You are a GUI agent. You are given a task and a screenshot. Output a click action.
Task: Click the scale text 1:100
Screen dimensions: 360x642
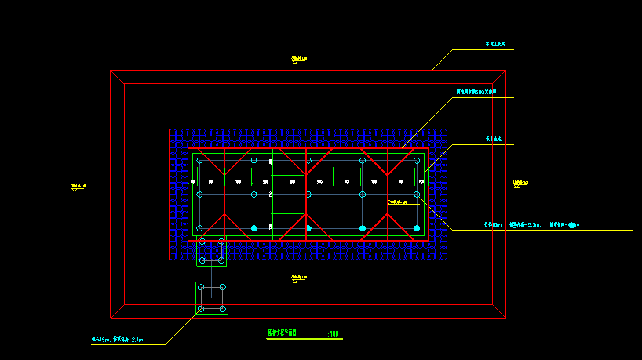[x=333, y=334]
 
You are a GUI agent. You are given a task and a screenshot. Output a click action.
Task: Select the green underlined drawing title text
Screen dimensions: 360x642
[x=283, y=333]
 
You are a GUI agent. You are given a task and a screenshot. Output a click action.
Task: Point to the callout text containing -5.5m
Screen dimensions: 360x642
[x=531, y=225]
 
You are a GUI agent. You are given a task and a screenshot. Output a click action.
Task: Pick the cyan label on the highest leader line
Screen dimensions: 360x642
[x=495, y=45]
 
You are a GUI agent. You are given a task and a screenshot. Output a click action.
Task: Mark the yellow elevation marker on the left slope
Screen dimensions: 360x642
[x=79, y=187]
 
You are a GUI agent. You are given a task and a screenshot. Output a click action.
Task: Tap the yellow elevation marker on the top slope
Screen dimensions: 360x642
[x=298, y=58]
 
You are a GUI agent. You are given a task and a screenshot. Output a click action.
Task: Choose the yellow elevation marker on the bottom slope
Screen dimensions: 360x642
[x=298, y=278]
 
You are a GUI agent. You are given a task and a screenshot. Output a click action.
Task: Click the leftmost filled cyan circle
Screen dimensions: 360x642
[x=254, y=228]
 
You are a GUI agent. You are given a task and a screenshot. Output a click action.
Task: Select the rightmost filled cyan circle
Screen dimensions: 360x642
[x=416, y=228]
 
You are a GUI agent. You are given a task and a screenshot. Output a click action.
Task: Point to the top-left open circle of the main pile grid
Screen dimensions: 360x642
[x=199, y=161]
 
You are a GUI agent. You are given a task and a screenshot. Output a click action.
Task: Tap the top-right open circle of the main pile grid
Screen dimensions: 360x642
[x=416, y=161]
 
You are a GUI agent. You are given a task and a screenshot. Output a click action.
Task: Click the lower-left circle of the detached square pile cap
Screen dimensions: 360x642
[x=201, y=309]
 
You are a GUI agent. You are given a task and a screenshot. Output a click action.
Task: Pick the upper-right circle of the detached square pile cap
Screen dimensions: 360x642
[x=223, y=288]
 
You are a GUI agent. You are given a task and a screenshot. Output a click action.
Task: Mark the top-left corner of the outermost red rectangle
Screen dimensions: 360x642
[x=111, y=71]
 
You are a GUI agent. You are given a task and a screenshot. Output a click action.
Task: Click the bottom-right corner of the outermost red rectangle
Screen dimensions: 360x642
[x=505, y=318]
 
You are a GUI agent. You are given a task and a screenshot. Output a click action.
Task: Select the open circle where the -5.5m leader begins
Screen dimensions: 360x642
[x=416, y=194]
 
